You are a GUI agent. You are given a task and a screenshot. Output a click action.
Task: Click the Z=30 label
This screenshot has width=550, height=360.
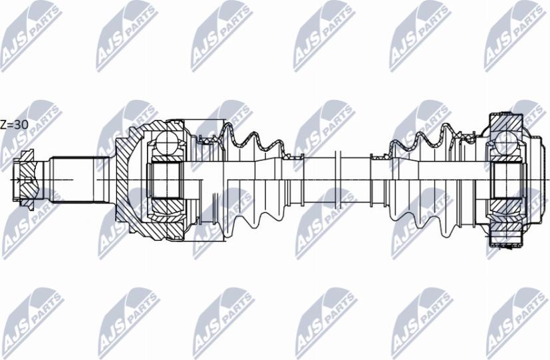coord(14,124)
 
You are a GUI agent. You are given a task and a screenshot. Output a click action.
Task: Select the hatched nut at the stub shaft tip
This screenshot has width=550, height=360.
coord(24,180)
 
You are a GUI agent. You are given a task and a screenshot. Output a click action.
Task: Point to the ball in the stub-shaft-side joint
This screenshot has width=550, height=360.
coord(167,140)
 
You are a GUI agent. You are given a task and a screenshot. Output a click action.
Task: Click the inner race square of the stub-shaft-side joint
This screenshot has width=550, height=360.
coord(168,180)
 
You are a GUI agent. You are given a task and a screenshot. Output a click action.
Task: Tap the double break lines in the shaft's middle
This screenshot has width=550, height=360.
coord(339,180)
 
